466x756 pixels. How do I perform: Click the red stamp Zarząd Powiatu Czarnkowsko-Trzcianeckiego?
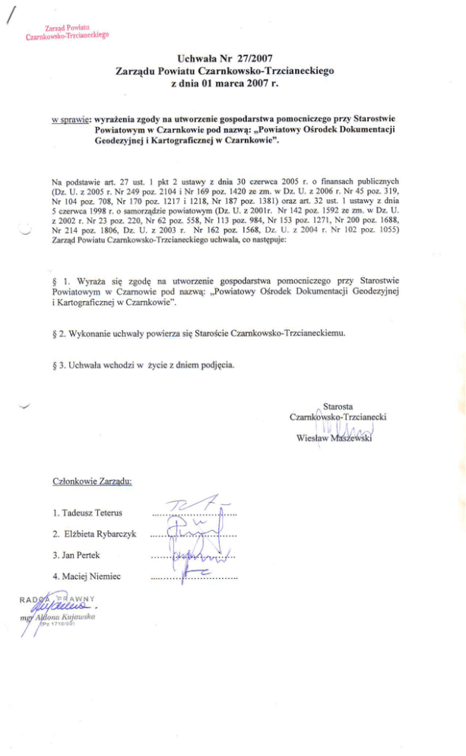pos(67,31)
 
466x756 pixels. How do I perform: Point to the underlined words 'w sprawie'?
pos(71,119)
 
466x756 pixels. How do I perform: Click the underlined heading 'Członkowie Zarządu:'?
pos(92,482)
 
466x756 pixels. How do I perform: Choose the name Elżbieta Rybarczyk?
pos(94,535)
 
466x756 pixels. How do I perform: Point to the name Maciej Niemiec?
pos(87,577)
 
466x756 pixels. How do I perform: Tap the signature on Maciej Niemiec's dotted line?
pos(199,576)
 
